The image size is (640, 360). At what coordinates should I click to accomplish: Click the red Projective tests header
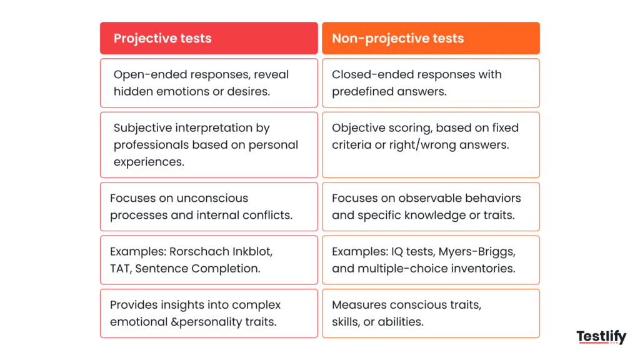(209, 38)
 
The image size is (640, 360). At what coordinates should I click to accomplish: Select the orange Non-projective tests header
(431, 38)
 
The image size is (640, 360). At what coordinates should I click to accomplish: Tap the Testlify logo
(601, 337)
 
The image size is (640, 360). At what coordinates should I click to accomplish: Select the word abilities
(399, 322)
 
